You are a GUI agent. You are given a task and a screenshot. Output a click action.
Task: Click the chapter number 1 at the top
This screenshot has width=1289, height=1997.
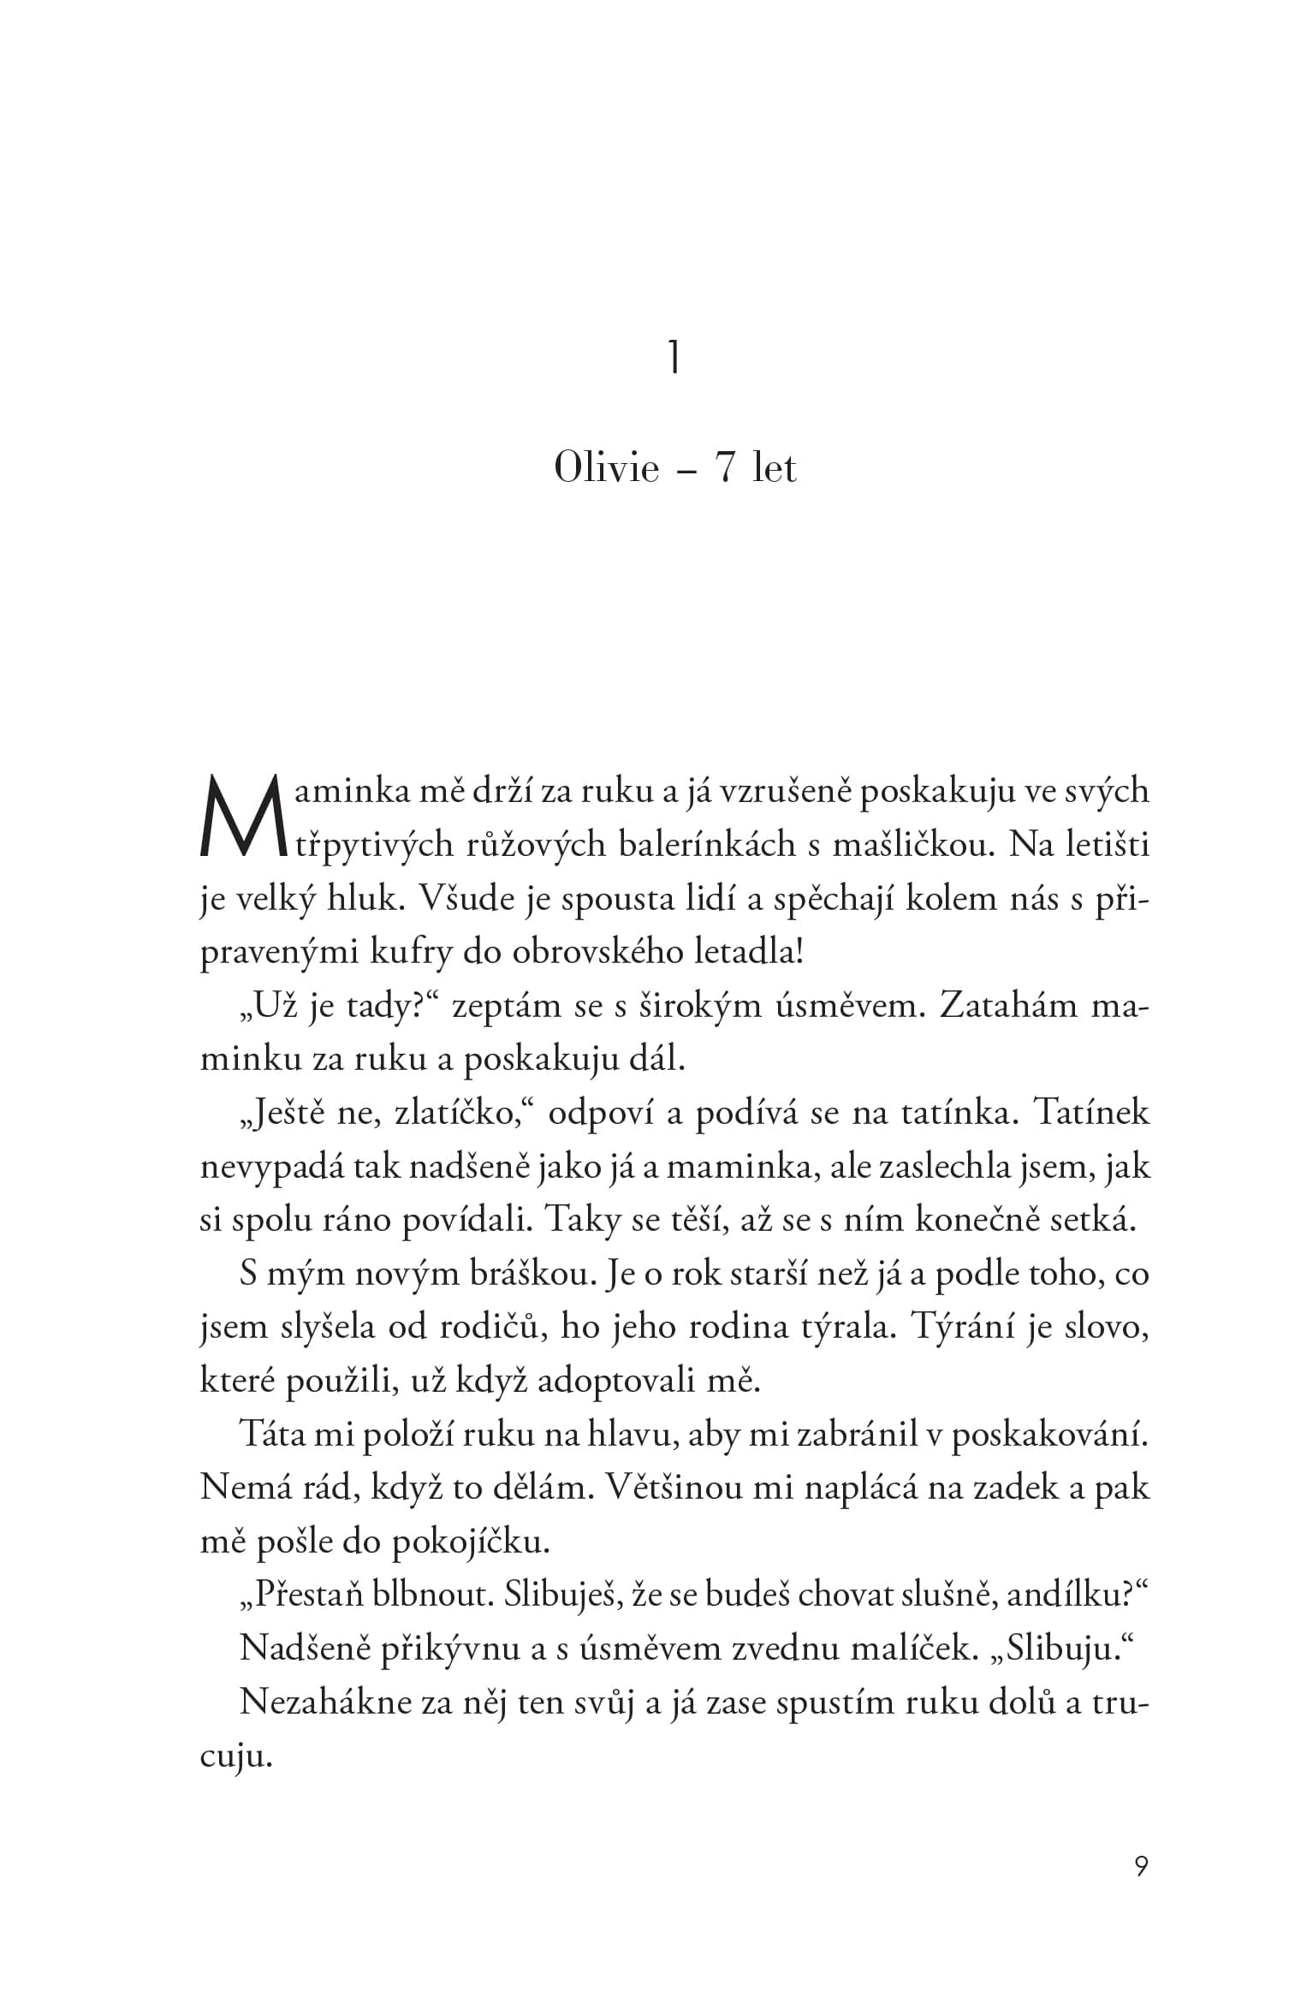pyautogui.click(x=674, y=357)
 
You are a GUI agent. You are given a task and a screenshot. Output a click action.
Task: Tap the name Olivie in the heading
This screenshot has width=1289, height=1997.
pyautogui.click(x=607, y=468)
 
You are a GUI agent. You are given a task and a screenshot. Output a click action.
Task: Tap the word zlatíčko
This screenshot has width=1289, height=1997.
pyautogui.click(x=458, y=1114)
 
